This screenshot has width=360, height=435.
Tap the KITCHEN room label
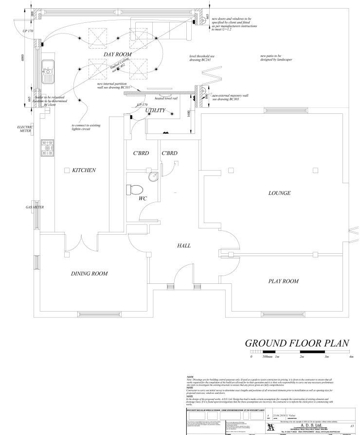pyautogui.click(x=84, y=171)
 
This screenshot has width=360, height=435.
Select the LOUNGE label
pyautogui.click(x=279, y=193)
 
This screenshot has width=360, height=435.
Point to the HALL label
pyautogui.click(x=184, y=246)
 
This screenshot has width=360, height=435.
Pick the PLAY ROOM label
pyautogui.click(x=284, y=281)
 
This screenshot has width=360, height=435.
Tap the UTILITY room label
pyautogui.click(x=156, y=111)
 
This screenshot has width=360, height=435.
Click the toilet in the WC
pyautogui.click(x=135, y=189)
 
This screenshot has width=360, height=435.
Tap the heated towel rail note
pyautogui.click(x=166, y=98)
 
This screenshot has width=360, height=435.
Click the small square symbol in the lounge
pyautogui.click(x=315, y=170)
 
